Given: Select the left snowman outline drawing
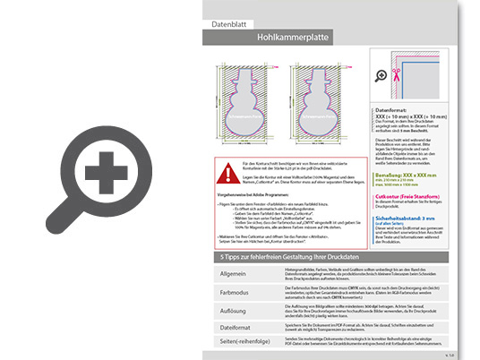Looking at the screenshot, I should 243,107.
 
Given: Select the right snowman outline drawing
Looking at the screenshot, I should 321,107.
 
